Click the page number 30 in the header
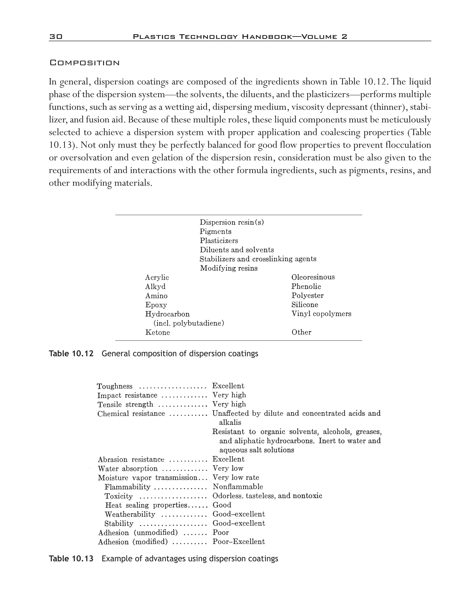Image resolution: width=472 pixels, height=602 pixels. [56, 37]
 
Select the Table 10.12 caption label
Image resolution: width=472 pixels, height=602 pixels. [71, 354]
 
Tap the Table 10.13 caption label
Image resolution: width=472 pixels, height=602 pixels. [71, 559]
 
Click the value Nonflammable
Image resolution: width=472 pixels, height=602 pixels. [238, 487]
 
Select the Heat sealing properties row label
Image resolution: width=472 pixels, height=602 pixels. [146, 505]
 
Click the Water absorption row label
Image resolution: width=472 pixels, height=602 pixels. [128, 469]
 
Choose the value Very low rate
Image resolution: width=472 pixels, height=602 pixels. [236, 477]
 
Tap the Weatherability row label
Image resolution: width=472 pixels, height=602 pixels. [130, 514]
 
